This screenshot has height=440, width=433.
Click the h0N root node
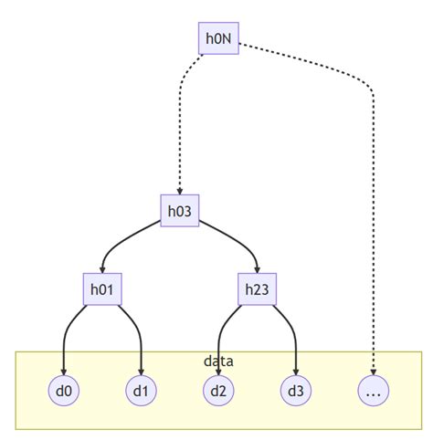click(x=218, y=38)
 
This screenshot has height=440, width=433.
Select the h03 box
click(x=179, y=211)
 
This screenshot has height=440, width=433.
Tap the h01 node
click(x=101, y=289)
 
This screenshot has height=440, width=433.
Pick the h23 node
click(x=257, y=289)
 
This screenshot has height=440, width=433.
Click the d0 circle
click(x=63, y=391)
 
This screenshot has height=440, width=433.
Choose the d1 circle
click(x=141, y=391)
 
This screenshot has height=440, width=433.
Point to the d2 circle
click(x=218, y=391)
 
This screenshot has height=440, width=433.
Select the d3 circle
click(x=296, y=391)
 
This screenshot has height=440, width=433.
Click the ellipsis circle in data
click(x=374, y=391)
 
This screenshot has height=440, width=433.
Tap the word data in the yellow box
click(x=218, y=361)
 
